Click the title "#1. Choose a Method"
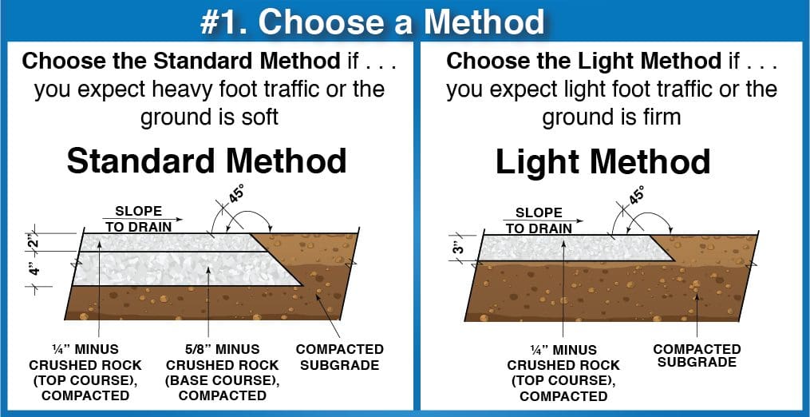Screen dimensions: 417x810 tap(373, 22)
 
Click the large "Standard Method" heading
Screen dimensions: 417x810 tap(207, 161)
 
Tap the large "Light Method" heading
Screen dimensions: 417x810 tap(603, 161)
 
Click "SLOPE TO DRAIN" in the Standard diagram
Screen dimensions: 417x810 tap(138, 219)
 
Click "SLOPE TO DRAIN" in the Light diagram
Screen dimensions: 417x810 tap(539, 220)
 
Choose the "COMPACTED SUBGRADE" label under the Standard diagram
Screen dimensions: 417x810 tap(339, 357)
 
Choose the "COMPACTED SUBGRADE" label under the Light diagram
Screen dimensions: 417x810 tap(697, 356)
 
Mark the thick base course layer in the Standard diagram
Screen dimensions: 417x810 tap(184, 269)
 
